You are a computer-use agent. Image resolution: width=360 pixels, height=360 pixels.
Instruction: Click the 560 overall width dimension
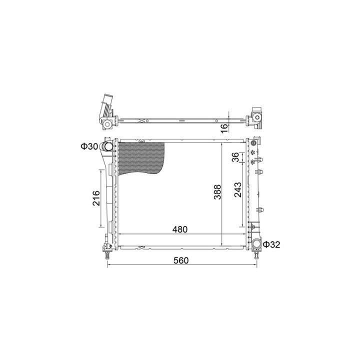coord(181,260)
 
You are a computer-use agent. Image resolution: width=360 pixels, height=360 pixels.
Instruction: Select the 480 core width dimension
coord(180,229)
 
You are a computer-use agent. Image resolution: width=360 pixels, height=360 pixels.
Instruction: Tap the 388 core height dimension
coord(217,192)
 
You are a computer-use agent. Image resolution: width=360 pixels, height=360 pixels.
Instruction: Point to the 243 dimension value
coord(238,189)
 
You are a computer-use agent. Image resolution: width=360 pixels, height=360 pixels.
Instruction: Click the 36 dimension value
coord(235,157)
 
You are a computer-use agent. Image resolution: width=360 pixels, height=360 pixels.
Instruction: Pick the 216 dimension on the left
coord(96,198)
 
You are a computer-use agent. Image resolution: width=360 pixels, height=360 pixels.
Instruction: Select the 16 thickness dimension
coord(224,128)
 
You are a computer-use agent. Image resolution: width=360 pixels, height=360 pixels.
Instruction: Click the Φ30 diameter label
coord(89,146)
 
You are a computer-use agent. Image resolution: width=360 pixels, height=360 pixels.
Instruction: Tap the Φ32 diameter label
coord(271,244)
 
